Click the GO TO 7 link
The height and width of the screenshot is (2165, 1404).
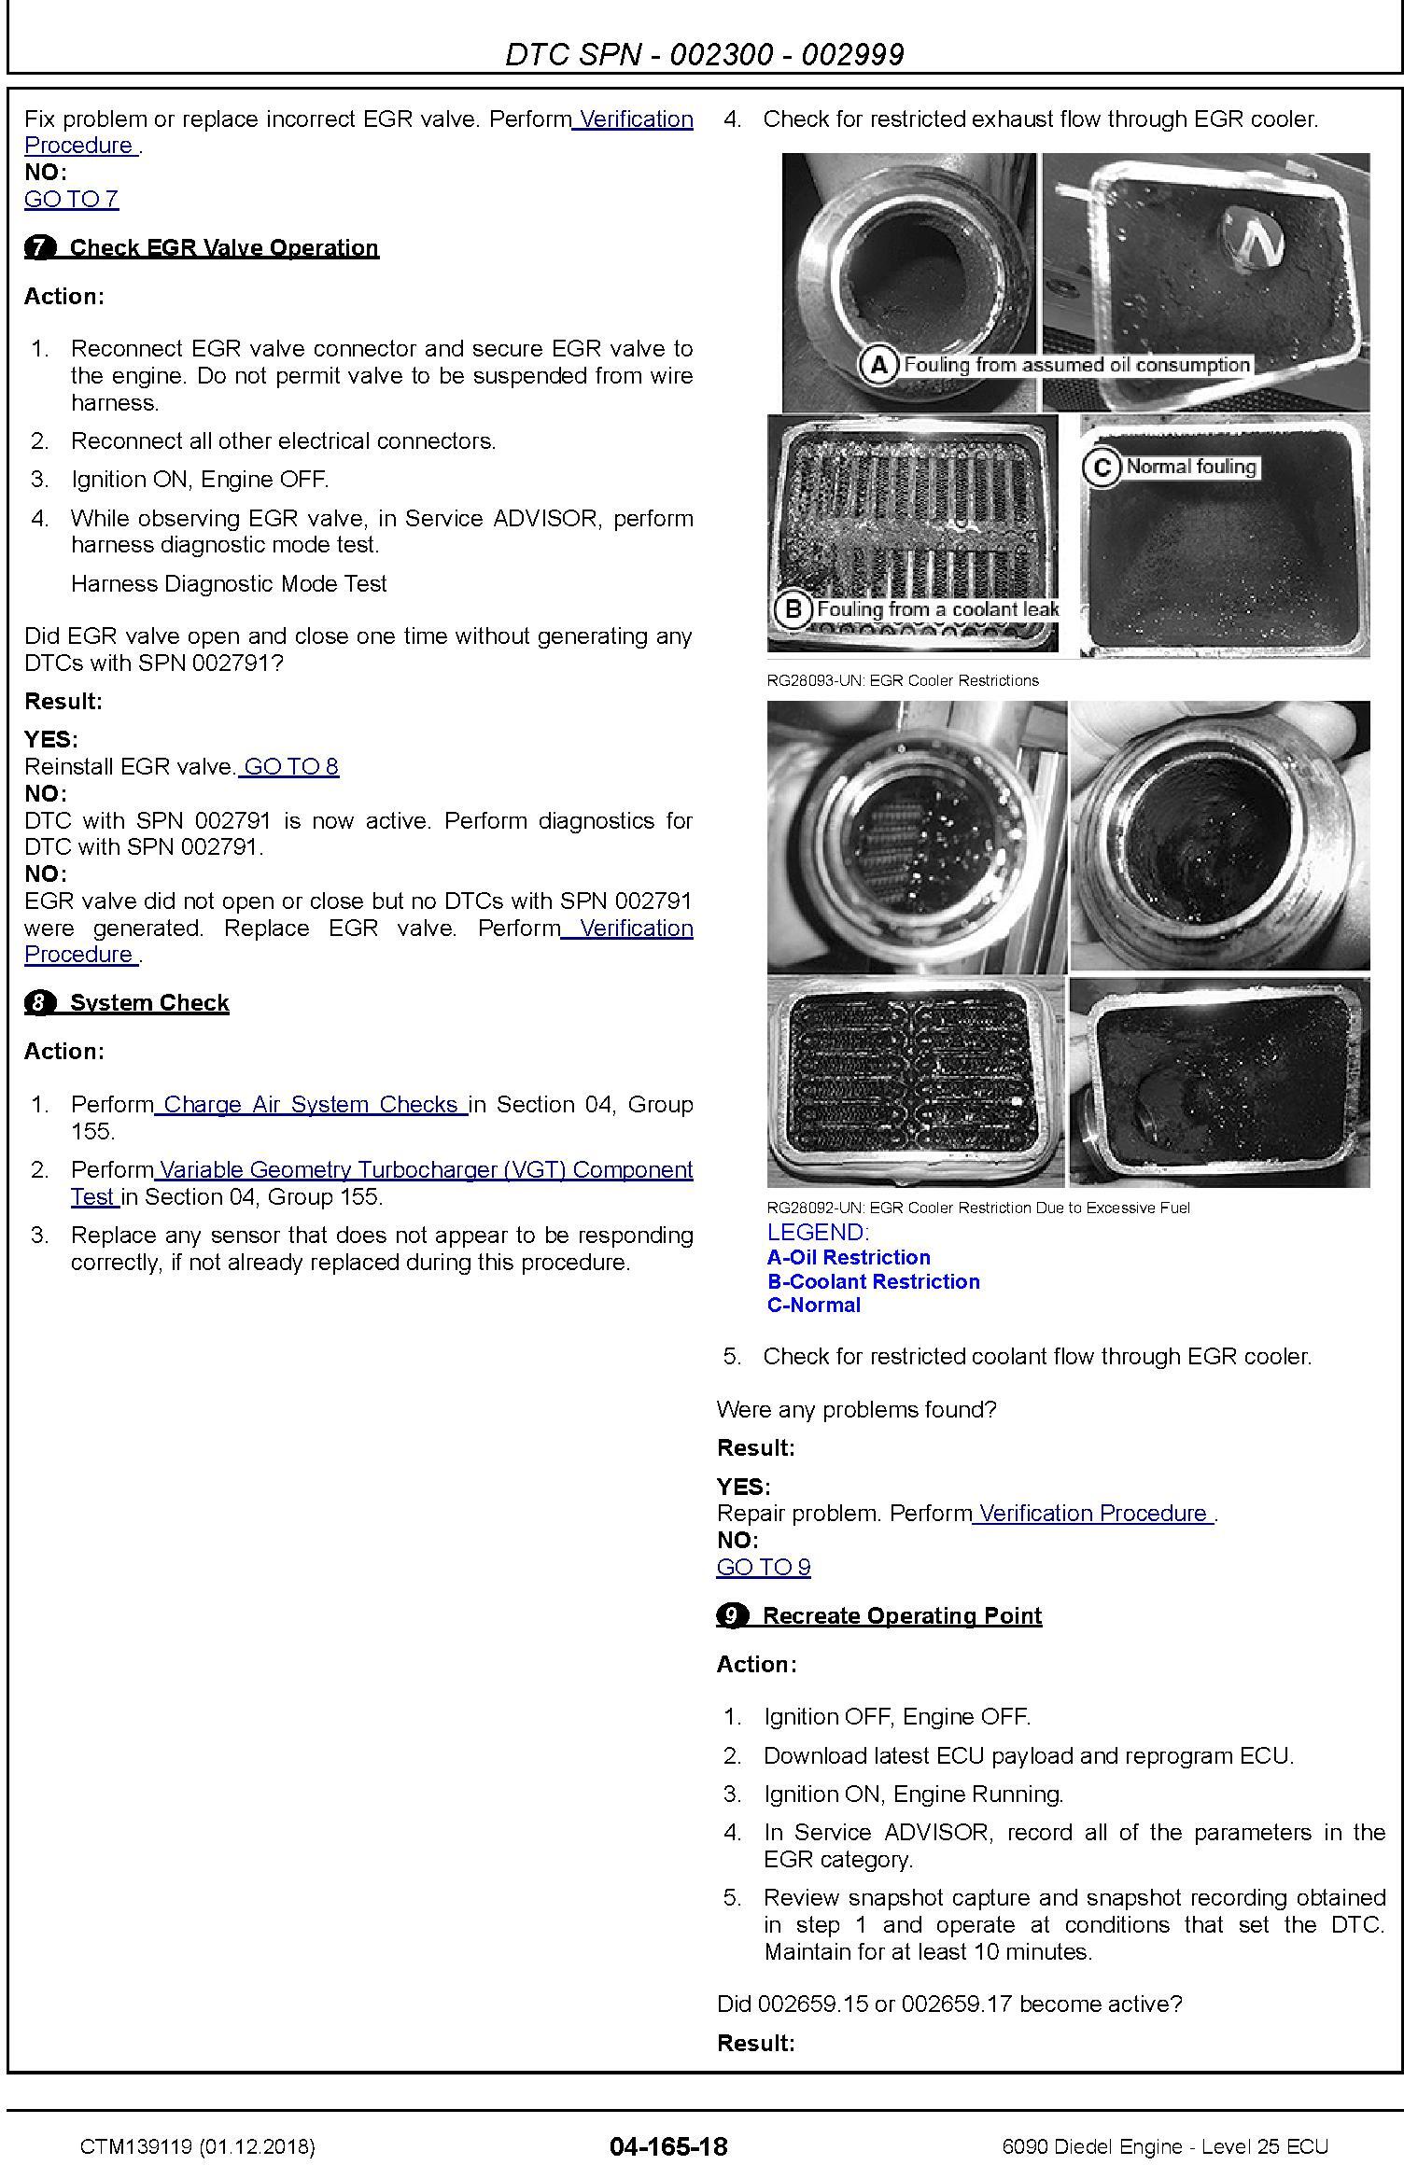(x=71, y=199)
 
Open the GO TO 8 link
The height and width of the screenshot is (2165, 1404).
(x=290, y=766)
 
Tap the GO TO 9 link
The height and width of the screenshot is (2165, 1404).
(x=763, y=1567)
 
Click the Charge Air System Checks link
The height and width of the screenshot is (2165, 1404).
(x=311, y=1104)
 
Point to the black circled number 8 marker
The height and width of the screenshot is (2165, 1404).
(x=39, y=1003)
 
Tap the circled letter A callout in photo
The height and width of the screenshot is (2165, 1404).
(x=878, y=365)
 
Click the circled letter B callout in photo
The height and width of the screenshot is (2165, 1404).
(x=793, y=609)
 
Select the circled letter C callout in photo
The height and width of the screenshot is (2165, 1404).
(x=1102, y=467)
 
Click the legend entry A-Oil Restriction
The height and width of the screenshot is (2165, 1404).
(x=848, y=1257)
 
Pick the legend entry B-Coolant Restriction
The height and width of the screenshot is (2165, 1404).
(x=873, y=1281)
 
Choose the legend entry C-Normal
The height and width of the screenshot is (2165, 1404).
(x=813, y=1305)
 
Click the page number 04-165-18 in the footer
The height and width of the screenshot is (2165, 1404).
(x=668, y=2145)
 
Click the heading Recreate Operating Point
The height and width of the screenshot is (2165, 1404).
(x=901, y=1616)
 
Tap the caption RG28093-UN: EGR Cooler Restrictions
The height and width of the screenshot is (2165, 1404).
(x=902, y=680)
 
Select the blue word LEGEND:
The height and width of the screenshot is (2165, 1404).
(x=818, y=1232)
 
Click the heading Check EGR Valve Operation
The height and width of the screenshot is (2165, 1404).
(x=224, y=247)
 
